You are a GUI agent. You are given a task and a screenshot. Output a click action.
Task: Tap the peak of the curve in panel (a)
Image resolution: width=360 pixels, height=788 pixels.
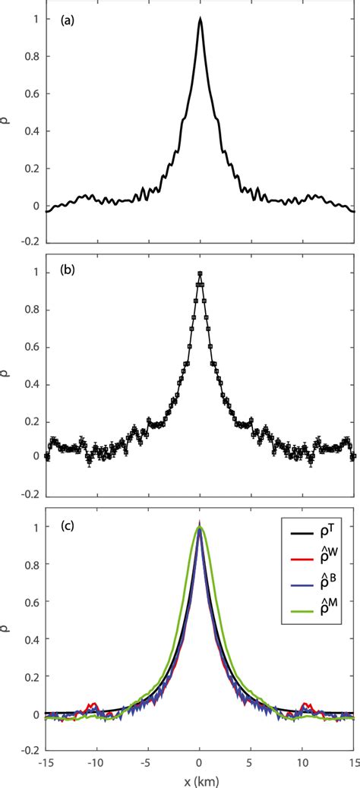click(x=200, y=18)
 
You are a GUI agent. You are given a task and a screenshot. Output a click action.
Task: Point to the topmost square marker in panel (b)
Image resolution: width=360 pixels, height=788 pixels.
click(x=200, y=274)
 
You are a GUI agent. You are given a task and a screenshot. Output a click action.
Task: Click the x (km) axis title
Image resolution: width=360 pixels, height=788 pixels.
click(x=200, y=778)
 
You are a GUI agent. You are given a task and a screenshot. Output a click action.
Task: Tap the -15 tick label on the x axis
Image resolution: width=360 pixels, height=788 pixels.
click(x=46, y=761)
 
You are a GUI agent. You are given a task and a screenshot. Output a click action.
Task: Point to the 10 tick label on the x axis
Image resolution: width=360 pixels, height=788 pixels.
click(x=302, y=761)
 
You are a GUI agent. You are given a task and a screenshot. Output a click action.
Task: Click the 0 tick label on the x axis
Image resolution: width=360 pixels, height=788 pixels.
click(x=200, y=761)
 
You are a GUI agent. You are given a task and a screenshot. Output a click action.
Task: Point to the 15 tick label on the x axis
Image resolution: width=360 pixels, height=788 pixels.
click(x=353, y=761)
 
